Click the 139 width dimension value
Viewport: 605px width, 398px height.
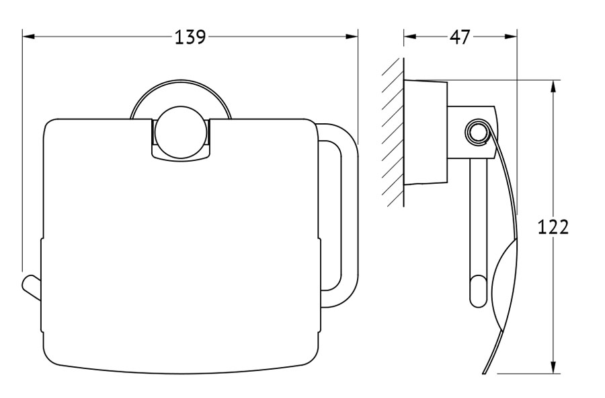[x=190, y=37]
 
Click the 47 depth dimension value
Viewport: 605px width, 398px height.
[x=460, y=37]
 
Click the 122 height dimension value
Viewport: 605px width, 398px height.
[x=553, y=227]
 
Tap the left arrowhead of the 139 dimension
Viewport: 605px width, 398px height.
[x=29, y=37]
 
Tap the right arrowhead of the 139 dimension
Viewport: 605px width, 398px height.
[x=352, y=37]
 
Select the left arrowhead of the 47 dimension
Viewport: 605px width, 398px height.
[x=410, y=37]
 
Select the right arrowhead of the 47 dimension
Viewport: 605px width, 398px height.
[x=510, y=37]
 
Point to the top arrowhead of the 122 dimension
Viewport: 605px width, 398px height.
[x=553, y=87]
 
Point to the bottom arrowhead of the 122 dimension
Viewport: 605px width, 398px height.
[x=553, y=367]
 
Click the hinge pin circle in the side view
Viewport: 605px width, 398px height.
[x=477, y=133]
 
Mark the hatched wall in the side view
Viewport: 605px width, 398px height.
[x=393, y=132]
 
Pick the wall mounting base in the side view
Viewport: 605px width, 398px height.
[x=426, y=132]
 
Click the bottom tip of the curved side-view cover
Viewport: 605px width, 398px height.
[x=484, y=372]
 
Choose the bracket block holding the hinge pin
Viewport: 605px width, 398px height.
[x=473, y=132]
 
